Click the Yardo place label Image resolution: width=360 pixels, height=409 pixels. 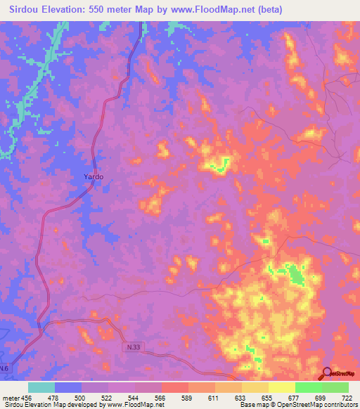[93, 177]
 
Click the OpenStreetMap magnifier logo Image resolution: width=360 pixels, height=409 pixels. [328, 374]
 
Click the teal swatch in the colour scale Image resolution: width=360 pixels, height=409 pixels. [41, 387]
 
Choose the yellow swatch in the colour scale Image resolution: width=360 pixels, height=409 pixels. [281, 387]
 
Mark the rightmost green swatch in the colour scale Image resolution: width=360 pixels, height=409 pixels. [335, 387]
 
